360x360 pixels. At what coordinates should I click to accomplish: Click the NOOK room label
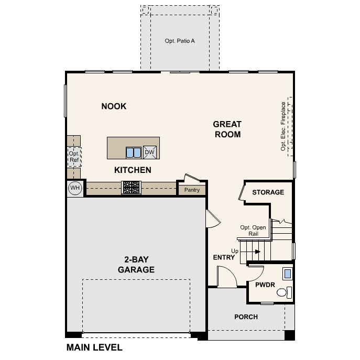(x=114, y=106)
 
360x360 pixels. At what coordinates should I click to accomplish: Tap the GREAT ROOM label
(x=227, y=129)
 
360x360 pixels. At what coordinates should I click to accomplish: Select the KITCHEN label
(x=133, y=170)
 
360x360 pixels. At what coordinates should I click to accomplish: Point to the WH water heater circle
(x=74, y=188)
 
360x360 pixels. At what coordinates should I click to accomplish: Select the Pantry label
(x=192, y=190)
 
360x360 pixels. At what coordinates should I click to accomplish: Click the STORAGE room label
(x=268, y=192)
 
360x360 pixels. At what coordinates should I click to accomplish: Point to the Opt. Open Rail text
(x=253, y=231)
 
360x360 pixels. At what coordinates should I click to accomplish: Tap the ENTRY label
(x=224, y=257)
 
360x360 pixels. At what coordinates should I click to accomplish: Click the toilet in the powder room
(x=283, y=292)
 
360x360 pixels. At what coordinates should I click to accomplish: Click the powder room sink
(x=287, y=273)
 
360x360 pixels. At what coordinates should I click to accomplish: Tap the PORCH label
(x=246, y=317)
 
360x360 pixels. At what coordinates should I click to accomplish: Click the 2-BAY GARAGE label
(x=136, y=265)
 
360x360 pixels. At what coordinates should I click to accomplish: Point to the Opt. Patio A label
(x=180, y=40)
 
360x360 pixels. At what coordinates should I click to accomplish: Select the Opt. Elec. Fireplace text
(x=283, y=126)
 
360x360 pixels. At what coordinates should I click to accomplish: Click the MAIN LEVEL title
(x=94, y=347)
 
